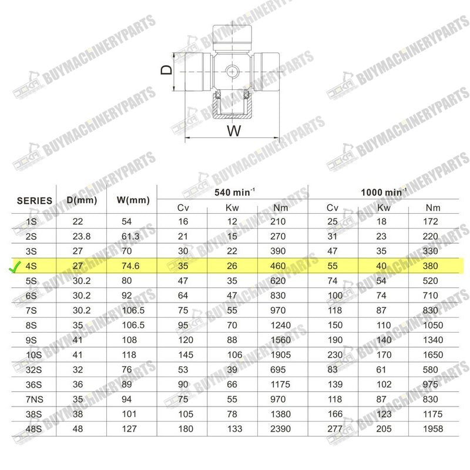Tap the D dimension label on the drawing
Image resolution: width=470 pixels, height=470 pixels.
[167, 70]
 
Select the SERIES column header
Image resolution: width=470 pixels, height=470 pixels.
[34, 200]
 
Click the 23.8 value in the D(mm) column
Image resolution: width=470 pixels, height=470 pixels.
[81, 237]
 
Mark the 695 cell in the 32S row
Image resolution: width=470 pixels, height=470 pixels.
[279, 370]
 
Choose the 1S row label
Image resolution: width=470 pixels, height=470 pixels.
[33, 222]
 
